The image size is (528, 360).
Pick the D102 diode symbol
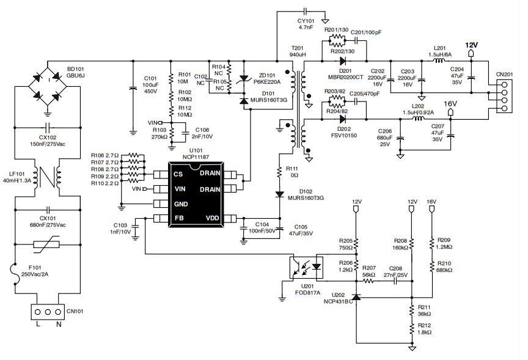[280, 194]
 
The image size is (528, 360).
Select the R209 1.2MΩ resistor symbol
[432, 243]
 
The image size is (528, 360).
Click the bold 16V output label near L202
[450, 105]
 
